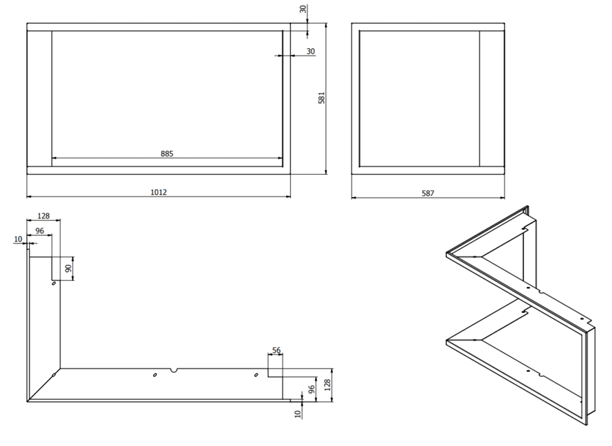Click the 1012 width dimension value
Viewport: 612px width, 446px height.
[158, 192]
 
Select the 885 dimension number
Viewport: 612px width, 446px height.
[167, 154]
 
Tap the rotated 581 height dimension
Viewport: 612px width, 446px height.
[322, 99]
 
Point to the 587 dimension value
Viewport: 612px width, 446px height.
[428, 194]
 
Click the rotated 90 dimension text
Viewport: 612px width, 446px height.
[68, 268]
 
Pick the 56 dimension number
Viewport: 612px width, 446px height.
[275, 351]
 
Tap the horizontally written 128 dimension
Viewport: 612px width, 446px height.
[44, 216]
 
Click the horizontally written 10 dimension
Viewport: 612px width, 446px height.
[18, 239]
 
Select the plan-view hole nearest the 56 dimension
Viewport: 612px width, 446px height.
[256, 375]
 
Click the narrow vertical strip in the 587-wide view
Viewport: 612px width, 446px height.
[491, 99]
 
